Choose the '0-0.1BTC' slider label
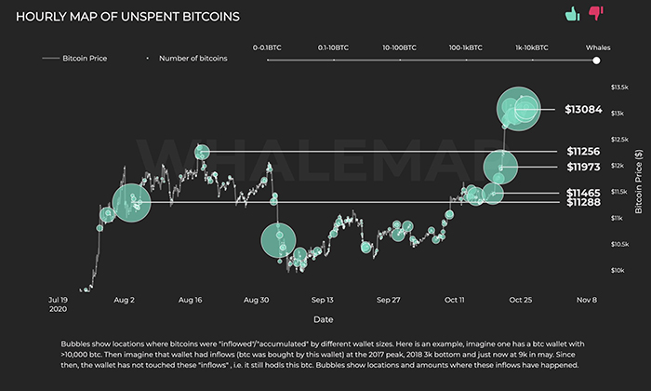[x=268, y=46]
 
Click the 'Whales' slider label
[x=597, y=46]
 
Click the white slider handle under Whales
[x=597, y=60]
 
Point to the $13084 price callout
[x=583, y=110]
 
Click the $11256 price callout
[x=584, y=151]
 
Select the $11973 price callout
[x=584, y=167]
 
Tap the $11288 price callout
[x=584, y=202]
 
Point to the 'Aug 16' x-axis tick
[x=191, y=301]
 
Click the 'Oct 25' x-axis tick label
[x=519, y=301]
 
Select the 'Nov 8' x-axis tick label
[x=585, y=301]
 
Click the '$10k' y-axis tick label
[x=617, y=270]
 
